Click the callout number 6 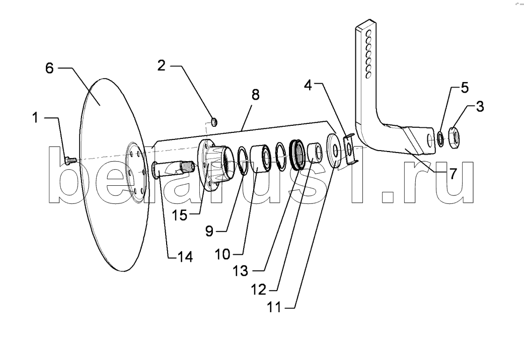(49, 68)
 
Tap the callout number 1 (35, 118)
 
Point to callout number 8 (256, 95)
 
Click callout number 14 (185, 256)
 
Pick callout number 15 (179, 215)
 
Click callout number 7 (453, 174)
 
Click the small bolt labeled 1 (70, 160)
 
